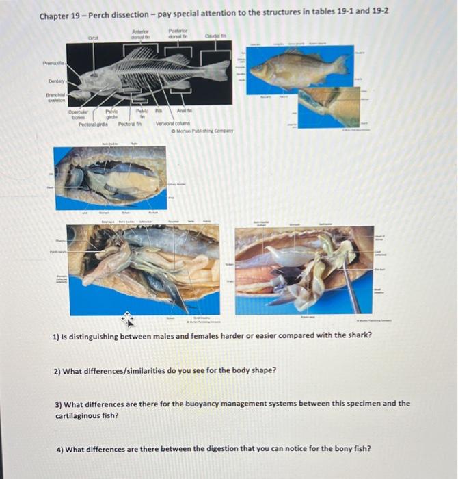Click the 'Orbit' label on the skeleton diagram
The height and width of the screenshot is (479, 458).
(94, 38)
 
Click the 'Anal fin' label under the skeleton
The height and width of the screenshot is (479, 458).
(185, 110)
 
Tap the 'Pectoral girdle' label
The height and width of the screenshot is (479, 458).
(94, 124)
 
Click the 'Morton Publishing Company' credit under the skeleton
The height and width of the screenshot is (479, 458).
(204, 130)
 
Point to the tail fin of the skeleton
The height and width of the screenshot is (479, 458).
(219, 70)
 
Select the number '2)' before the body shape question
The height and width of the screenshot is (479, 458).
(58, 370)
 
